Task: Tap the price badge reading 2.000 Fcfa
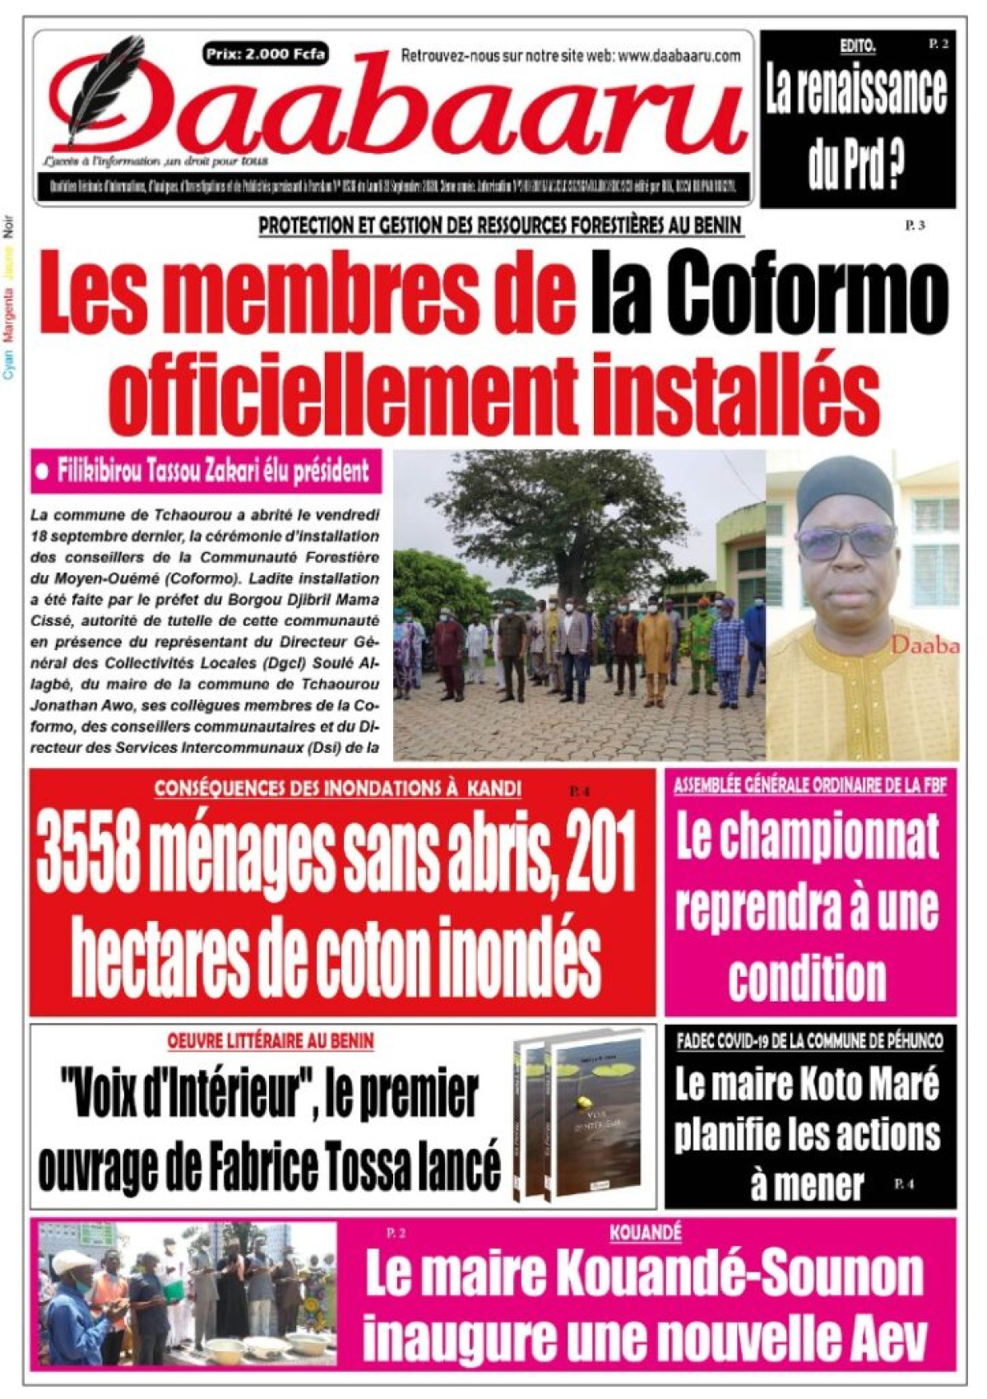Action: click(266, 54)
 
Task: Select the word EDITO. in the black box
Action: click(857, 47)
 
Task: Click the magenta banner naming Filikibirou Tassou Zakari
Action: click(206, 472)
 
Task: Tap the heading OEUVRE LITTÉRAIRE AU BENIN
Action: click(271, 1041)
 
